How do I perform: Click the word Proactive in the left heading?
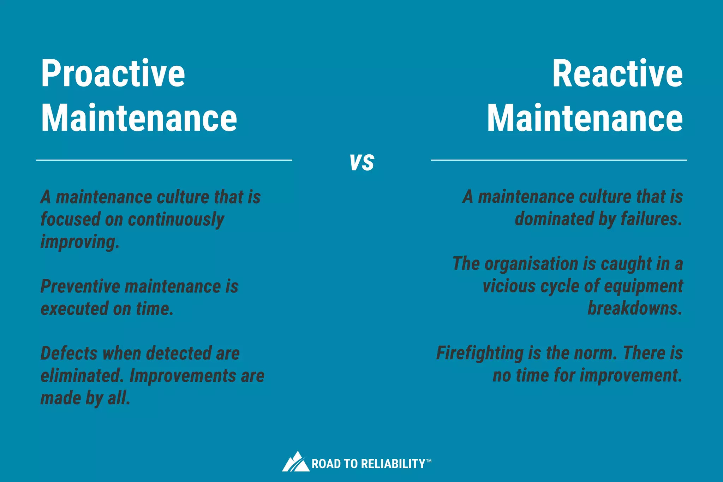coord(113,73)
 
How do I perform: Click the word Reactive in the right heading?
coord(617,73)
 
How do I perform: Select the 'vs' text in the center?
coord(362,162)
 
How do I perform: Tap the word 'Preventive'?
coord(80,286)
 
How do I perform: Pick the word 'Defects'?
coord(69,353)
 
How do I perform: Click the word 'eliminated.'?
coord(82,376)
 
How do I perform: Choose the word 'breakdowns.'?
coord(635,308)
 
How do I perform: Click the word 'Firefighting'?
coord(480,353)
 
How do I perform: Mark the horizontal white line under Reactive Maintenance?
coord(559,160)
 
